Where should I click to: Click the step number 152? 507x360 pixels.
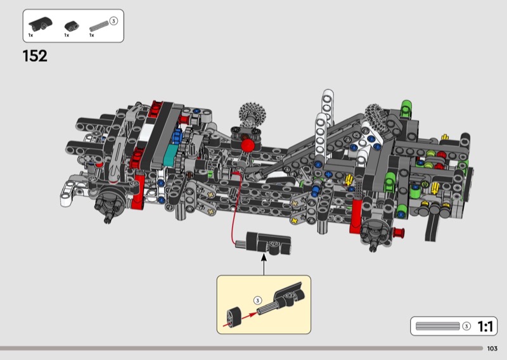tap(35, 56)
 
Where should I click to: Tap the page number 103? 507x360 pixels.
tap(492, 349)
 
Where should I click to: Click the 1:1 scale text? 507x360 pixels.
tap(485, 326)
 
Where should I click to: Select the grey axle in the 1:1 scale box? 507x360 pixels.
tap(437, 326)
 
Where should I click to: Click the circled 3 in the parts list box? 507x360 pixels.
tap(113, 21)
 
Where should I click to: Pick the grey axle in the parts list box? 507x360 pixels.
tap(99, 26)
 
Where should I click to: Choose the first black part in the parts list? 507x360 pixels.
tap(41, 23)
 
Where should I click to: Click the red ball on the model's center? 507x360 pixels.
tap(248, 145)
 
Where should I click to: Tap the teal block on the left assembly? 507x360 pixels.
tap(170, 155)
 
